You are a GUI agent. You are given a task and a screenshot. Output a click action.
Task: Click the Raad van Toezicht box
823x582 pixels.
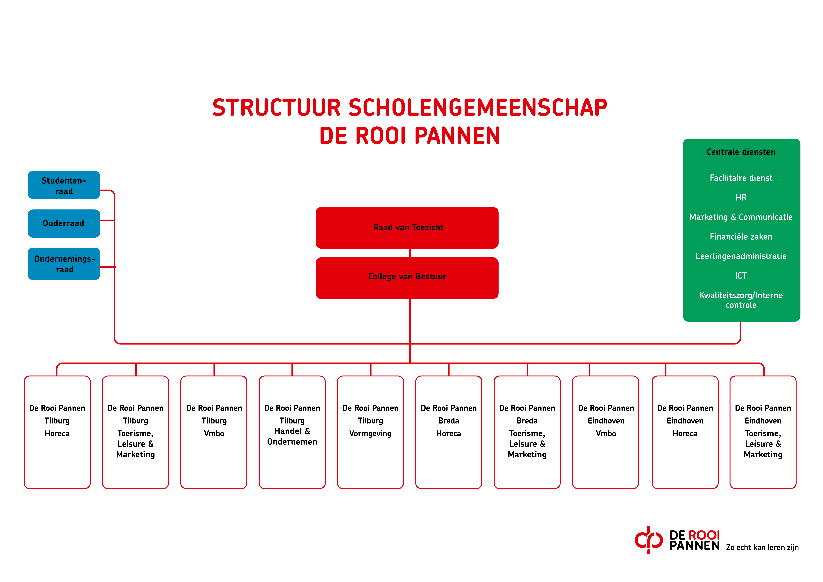pyautogui.click(x=407, y=228)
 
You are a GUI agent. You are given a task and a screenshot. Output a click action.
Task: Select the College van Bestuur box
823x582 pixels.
pyautogui.click(x=407, y=278)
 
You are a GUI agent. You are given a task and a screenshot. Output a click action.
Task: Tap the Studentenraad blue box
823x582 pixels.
pyautogui.click(x=64, y=185)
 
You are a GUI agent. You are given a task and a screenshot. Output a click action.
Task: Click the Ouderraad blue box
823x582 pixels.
pyautogui.click(x=64, y=223)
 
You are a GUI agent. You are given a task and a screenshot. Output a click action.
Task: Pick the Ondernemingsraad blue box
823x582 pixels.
pyautogui.click(x=64, y=264)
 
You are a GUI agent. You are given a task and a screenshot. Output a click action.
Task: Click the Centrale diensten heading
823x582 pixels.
pyautogui.click(x=741, y=152)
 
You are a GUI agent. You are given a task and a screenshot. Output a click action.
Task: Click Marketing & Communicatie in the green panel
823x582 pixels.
pyautogui.click(x=741, y=217)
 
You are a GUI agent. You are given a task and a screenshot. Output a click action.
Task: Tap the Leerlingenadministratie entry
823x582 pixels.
pyautogui.click(x=741, y=256)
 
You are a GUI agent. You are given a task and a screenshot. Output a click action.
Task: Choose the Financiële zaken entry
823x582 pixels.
pyautogui.click(x=741, y=237)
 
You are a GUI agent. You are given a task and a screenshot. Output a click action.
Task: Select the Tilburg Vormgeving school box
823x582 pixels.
pyautogui.click(x=370, y=432)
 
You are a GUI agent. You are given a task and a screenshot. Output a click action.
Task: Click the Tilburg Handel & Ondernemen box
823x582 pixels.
pyautogui.click(x=292, y=432)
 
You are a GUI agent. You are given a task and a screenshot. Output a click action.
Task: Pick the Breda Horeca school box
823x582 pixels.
pyautogui.click(x=449, y=432)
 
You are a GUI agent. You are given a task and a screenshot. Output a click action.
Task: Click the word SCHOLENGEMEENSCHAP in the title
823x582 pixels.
pyautogui.click(x=478, y=108)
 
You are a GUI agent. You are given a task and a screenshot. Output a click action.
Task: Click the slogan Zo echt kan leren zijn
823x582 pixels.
pyautogui.click(x=762, y=548)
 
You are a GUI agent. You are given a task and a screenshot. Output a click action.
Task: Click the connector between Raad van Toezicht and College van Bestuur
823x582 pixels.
pyautogui.click(x=410, y=253)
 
